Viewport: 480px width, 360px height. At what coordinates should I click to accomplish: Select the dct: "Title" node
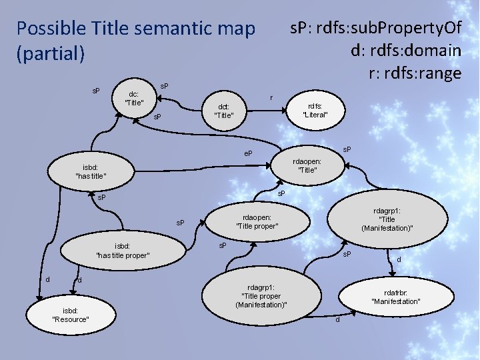click(223, 110)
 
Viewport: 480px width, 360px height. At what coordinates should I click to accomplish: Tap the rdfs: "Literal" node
click(315, 110)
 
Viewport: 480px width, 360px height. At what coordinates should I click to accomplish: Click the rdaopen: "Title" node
click(307, 165)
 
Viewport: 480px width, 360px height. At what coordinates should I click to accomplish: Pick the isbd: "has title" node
click(91, 171)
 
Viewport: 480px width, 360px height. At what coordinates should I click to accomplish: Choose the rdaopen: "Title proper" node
click(257, 221)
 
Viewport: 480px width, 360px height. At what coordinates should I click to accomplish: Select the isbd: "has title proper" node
click(123, 250)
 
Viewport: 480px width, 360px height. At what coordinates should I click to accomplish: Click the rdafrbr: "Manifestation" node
click(395, 297)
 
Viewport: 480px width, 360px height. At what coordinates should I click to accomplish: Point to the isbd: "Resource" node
click(71, 315)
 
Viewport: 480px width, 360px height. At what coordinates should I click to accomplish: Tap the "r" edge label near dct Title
click(271, 98)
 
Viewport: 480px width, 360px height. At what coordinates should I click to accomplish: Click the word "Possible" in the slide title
click(50, 29)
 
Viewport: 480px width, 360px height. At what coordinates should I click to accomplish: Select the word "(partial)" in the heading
click(51, 53)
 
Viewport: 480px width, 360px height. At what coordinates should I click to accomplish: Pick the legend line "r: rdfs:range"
click(415, 72)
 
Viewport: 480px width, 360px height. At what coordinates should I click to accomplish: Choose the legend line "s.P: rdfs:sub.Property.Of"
click(374, 28)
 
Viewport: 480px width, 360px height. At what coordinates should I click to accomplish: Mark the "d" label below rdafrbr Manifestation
click(337, 321)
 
